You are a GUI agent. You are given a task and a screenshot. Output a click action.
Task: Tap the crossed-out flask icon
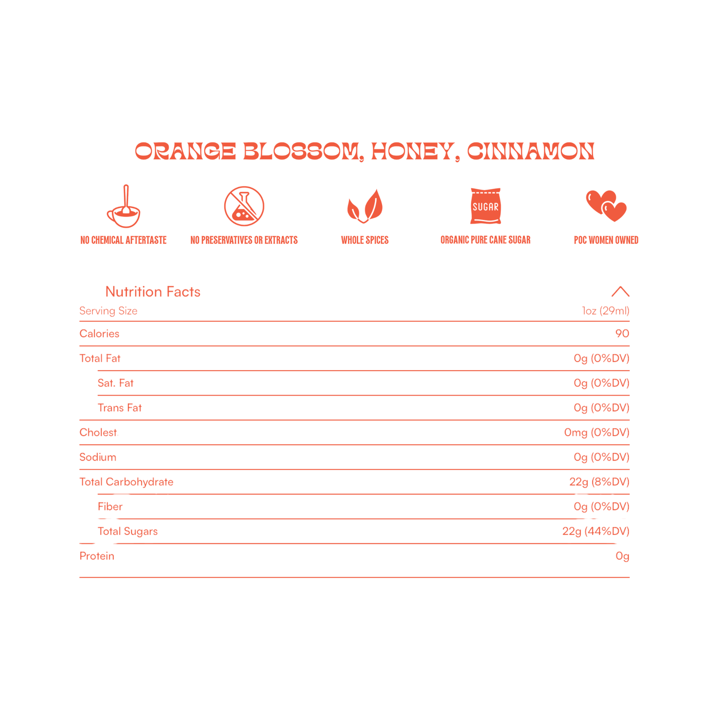tap(244, 207)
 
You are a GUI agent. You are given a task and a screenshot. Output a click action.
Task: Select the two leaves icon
tap(365, 206)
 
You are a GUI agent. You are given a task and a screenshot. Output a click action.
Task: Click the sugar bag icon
tap(485, 206)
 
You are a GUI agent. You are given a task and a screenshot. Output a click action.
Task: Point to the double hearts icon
tap(606, 206)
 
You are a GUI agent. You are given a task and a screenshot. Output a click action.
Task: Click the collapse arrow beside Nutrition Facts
tap(620, 291)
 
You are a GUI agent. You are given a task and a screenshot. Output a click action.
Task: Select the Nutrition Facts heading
tap(153, 291)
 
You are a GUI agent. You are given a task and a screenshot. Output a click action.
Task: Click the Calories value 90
tap(622, 333)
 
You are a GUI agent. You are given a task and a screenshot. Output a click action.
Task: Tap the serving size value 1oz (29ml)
tap(605, 311)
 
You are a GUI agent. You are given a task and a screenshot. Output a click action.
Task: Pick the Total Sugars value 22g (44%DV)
tap(596, 531)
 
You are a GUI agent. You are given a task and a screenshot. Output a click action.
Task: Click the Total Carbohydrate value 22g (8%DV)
tap(599, 482)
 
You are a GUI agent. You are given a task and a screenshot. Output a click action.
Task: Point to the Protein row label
tap(97, 556)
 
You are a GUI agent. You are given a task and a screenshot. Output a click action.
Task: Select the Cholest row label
tap(98, 433)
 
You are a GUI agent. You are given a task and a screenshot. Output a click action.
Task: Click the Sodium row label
tap(98, 457)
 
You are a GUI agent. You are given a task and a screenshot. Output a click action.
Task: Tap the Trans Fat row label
tap(120, 408)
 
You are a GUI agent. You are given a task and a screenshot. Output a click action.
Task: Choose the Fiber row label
tap(110, 506)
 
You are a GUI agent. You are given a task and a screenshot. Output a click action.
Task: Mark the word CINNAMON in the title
tap(530, 152)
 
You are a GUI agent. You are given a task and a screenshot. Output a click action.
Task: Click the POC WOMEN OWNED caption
tap(606, 240)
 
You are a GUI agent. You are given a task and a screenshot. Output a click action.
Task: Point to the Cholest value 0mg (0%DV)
tap(597, 433)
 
